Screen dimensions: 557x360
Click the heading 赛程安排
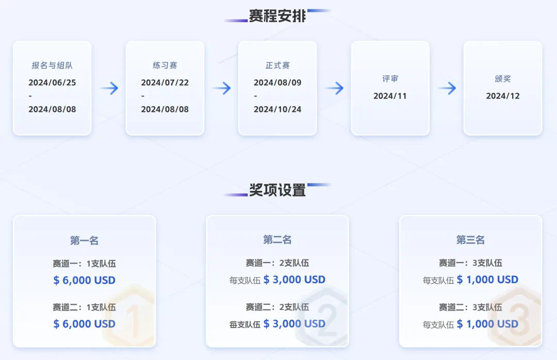click(277, 16)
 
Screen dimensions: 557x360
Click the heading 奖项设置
click(277, 190)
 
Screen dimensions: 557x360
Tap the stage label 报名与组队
click(52, 66)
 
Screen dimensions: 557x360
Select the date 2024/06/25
click(52, 83)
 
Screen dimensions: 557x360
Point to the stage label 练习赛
click(165, 66)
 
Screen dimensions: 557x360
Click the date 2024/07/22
click(165, 83)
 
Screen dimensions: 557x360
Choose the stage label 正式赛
click(277, 66)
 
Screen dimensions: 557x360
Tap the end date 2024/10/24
click(277, 109)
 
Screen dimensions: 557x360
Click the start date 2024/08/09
click(277, 83)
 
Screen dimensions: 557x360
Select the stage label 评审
click(390, 78)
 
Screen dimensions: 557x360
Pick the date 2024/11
click(390, 96)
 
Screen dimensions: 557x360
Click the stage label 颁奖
click(503, 78)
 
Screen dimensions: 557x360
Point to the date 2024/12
click(503, 96)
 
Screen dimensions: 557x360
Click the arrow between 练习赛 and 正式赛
click(221, 88)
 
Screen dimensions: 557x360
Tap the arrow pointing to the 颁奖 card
click(447, 88)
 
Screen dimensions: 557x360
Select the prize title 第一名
click(84, 240)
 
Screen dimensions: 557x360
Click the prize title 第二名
click(277, 240)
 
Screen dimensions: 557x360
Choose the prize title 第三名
click(471, 240)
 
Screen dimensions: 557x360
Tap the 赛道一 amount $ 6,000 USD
click(84, 280)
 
